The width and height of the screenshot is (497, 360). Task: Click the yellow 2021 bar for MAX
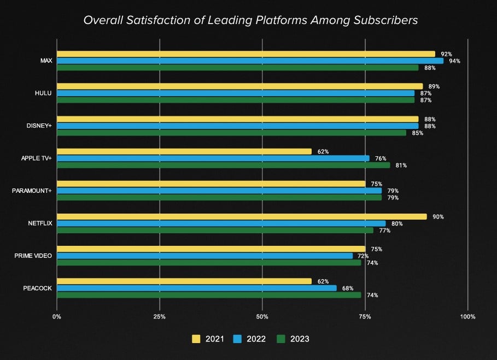(246, 54)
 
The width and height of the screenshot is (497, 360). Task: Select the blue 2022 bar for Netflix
(221, 223)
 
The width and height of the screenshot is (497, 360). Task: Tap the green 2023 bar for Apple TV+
(223, 165)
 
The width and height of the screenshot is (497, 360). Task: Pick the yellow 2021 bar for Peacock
(184, 281)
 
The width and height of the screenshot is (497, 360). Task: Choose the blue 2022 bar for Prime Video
(204, 256)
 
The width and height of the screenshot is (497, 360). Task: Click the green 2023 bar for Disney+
(231, 133)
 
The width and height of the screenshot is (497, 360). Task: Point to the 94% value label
(454, 61)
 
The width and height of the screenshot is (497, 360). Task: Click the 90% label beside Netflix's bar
(437, 217)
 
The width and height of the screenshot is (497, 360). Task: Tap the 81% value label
(401, 166)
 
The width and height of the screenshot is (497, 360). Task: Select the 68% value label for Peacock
(347, 288)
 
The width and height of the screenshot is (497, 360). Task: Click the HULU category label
(43, 93)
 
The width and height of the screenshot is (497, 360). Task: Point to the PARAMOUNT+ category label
(32, 191)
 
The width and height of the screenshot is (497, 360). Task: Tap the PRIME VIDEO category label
(33, 256)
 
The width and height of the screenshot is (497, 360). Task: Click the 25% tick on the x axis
(159, 317)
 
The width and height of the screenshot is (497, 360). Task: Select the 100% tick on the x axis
(468, 317)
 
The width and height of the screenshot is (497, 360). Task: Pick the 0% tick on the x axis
(56, 317)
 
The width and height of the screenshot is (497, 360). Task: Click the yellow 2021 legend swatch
(196, 339)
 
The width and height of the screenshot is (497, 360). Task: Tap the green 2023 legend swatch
(282, 339)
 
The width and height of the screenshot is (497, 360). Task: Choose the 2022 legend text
(257, 339)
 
